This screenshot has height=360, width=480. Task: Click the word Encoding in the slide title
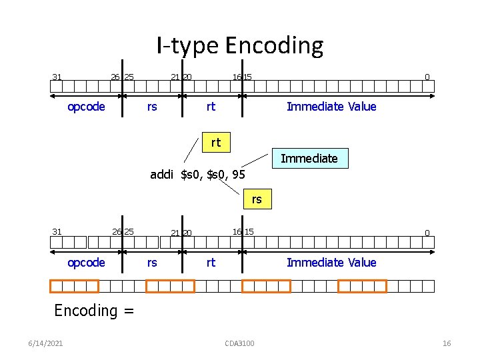click(274, 46)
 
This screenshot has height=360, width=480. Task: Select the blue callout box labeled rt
click(215, 142)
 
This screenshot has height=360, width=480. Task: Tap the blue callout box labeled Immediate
click(309, 158)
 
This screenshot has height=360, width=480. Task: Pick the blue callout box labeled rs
click(257, 199)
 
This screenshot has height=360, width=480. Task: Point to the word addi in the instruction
click(163, 175)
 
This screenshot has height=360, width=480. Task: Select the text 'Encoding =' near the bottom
click(94, 310)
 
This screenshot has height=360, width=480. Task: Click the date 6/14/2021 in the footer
click(47, 343)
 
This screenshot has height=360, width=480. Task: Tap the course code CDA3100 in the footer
click(240, 343)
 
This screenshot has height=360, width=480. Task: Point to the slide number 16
click(447, 343)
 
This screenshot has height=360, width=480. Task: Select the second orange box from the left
click(170, 287)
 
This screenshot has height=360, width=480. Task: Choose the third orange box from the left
click(266, 287)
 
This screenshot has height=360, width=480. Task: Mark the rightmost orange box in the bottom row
click(362, 287)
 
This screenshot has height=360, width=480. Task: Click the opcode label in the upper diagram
click(86, 107)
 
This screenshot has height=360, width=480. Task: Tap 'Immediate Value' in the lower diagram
click(331, 263)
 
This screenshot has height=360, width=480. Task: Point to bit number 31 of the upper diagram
click(57, 77)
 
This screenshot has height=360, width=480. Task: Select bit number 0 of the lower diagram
click(427, 233)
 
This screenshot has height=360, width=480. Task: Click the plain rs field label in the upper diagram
click(152, 107)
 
